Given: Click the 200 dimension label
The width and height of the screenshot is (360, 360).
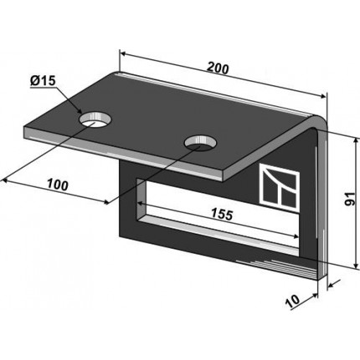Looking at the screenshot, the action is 218,69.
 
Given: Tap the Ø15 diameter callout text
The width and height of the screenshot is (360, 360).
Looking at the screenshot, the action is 44,81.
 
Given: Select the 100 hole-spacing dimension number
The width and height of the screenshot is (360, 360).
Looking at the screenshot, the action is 58,185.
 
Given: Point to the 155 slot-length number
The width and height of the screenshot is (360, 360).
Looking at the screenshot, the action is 222,214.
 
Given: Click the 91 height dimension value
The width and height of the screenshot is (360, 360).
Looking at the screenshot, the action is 350,198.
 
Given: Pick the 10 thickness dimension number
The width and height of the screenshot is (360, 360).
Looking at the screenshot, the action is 292,301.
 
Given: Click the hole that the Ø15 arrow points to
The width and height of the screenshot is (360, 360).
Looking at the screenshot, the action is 95,120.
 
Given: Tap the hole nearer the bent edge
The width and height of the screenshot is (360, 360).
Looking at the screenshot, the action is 200,143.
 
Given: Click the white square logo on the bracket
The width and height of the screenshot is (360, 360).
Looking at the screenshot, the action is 280,187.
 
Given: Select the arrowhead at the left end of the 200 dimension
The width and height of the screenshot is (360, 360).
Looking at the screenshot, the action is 122,53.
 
